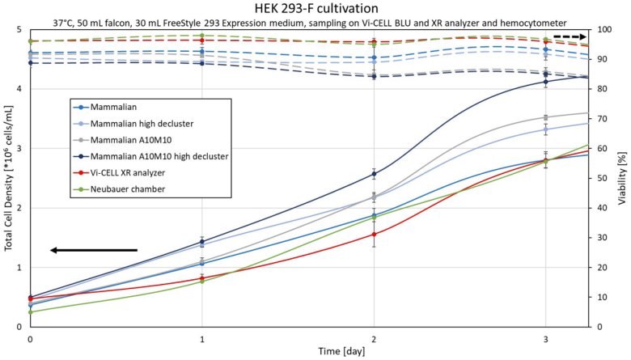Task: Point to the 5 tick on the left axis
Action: [19, 30]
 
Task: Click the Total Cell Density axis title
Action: [7, 178]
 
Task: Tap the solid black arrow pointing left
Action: [93, 250]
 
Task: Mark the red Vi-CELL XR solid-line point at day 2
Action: [374, 235]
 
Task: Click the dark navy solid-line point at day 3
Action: [546, 82]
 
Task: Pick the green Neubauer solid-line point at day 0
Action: [30, 312]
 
